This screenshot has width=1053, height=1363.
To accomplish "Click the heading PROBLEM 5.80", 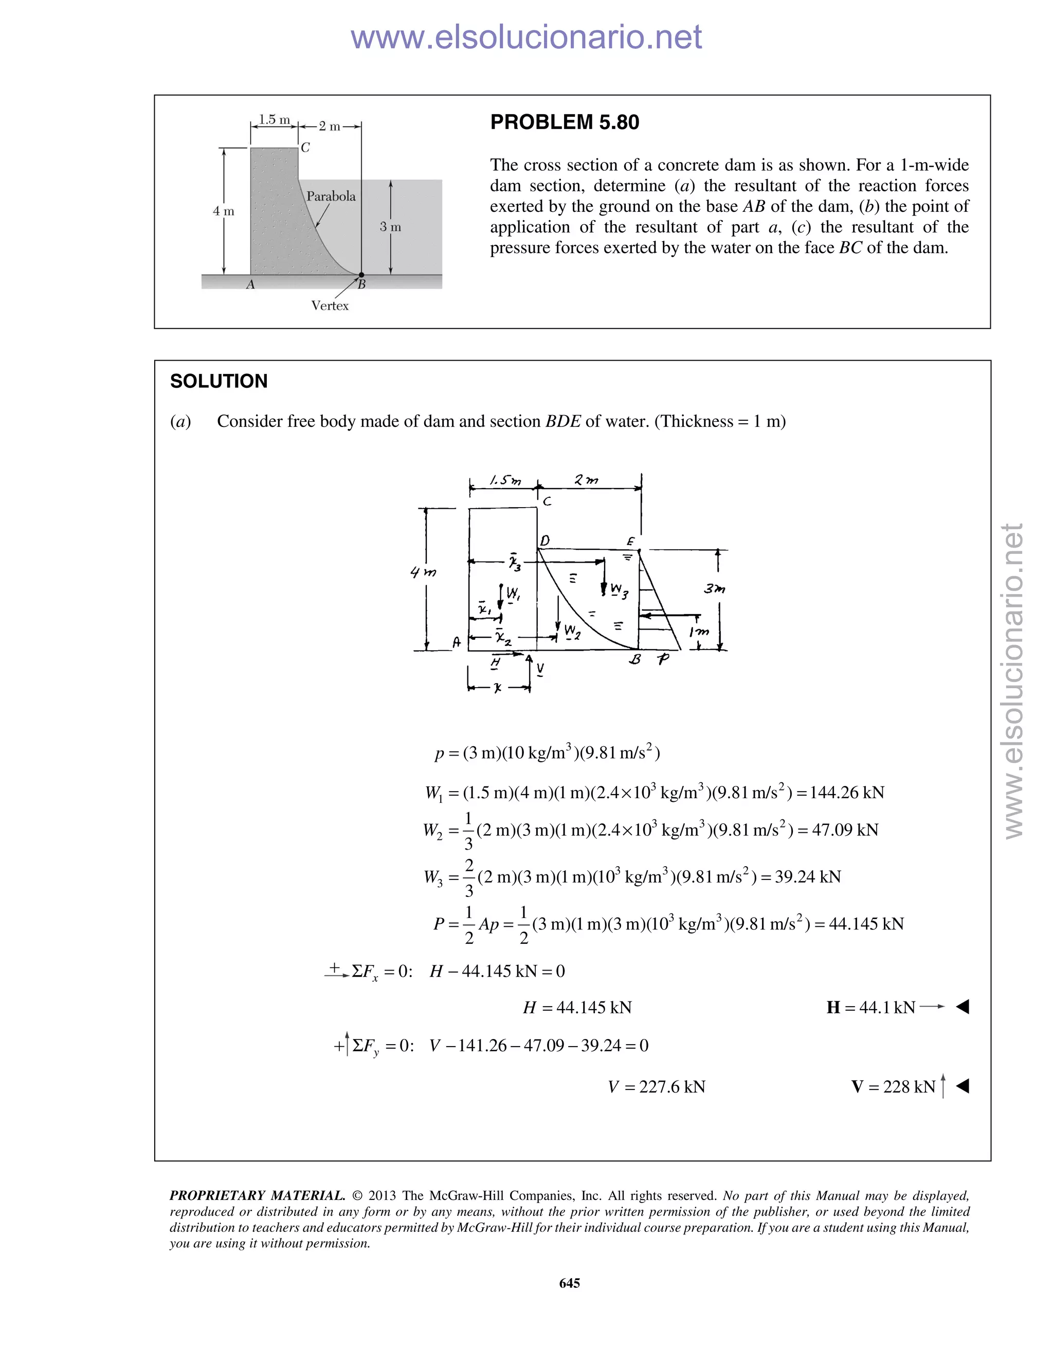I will [x=564, y=122].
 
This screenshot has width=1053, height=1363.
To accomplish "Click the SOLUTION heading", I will [x=219, y=381].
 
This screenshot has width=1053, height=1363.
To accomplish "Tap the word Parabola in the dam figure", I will [x=331, y=196].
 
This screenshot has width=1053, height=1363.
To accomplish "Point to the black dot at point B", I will [x=361, y=275].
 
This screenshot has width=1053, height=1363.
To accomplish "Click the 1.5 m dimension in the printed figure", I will [x=274, y=119].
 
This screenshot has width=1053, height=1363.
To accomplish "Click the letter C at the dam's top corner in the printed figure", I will [x=305, y=148].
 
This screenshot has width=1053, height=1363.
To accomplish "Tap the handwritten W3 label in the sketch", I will [x=619, y=590].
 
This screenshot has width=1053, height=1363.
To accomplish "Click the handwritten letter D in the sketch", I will [x=544, y=541].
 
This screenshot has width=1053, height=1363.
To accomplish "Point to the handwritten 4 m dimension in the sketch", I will [x=423, y=571].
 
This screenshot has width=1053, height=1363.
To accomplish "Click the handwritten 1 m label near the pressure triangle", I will [x=699, y=632].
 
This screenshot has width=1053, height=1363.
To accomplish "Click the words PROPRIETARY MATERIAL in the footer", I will [x=257, y=1196].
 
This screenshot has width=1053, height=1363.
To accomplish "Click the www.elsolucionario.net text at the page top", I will [x=526, y=37].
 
